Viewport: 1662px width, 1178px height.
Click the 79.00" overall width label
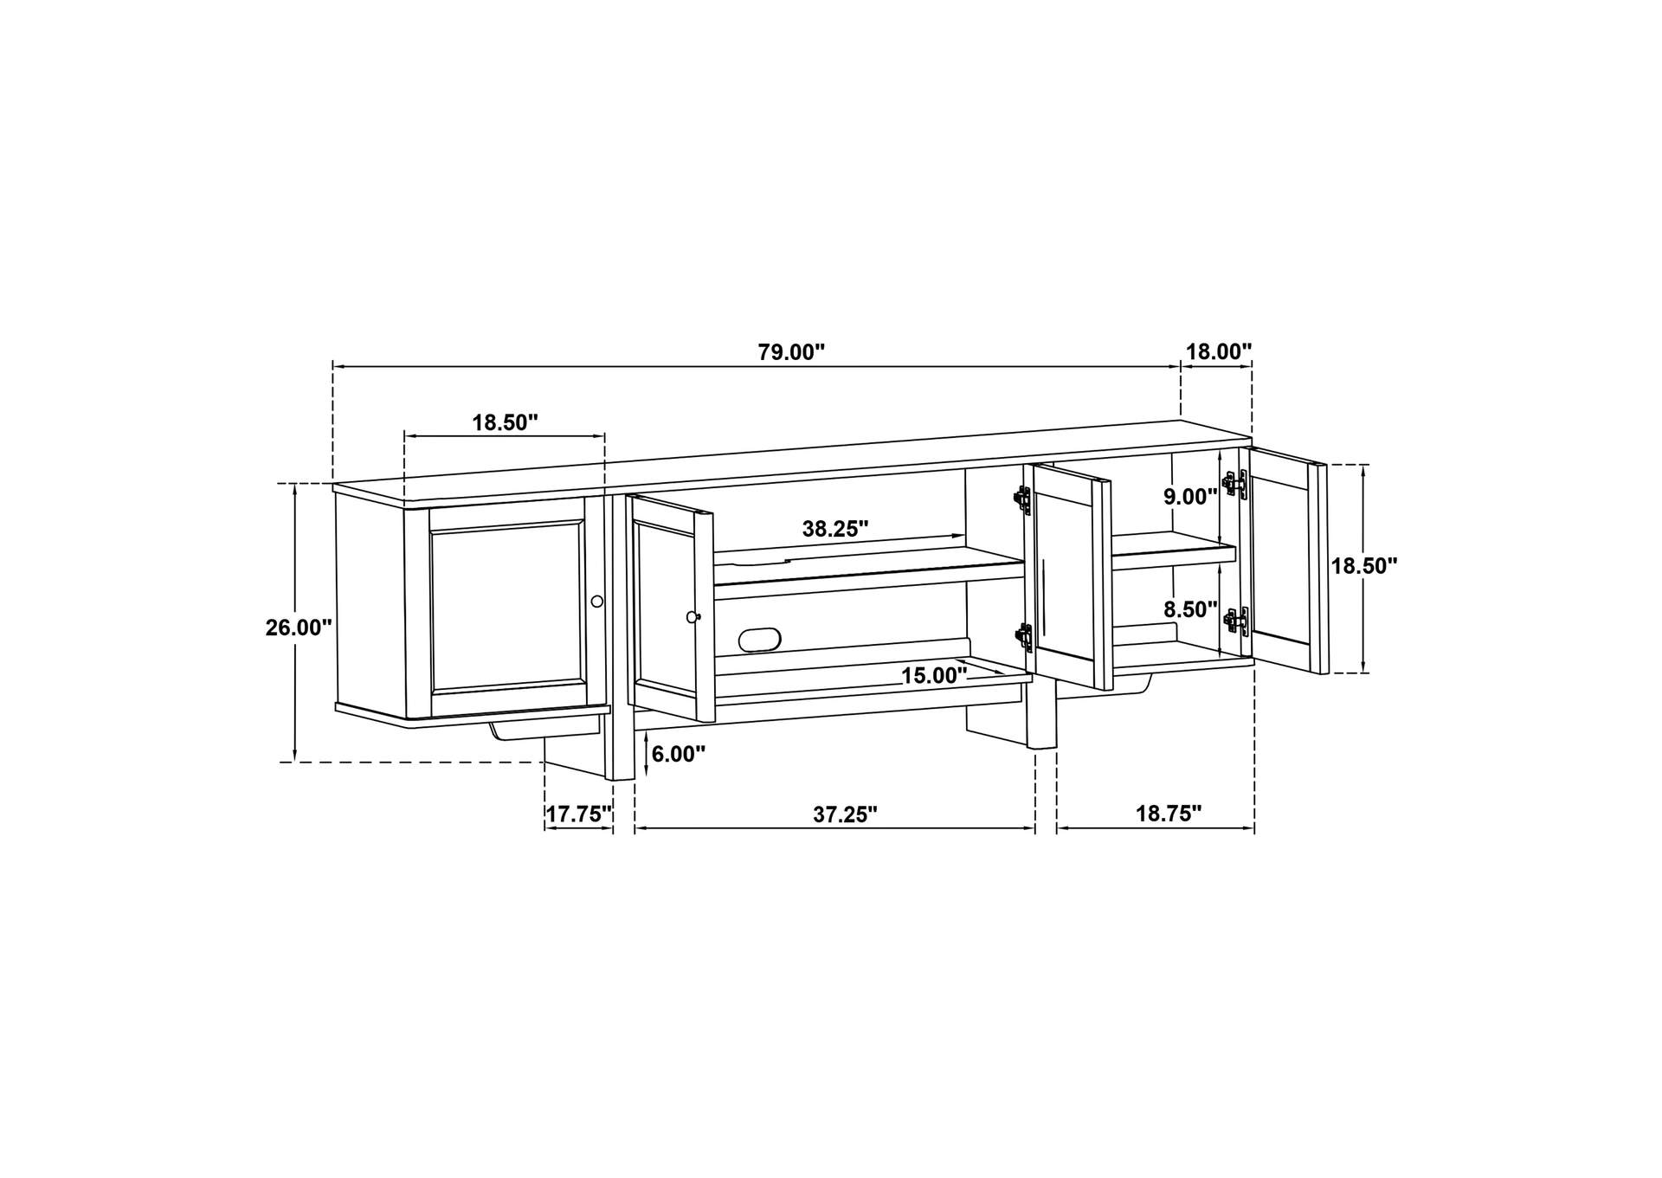791,352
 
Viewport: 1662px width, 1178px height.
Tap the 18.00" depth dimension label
1218,351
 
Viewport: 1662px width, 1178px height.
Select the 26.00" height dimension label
299,628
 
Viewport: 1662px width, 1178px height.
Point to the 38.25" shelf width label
835,529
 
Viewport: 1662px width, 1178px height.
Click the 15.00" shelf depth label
934,676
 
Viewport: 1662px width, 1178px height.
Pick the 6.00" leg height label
679,754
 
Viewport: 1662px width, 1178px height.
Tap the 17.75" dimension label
579,814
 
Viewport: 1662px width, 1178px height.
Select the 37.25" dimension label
845,814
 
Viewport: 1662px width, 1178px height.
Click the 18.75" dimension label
1169,814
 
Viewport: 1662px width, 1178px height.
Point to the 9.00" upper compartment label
1190,497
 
